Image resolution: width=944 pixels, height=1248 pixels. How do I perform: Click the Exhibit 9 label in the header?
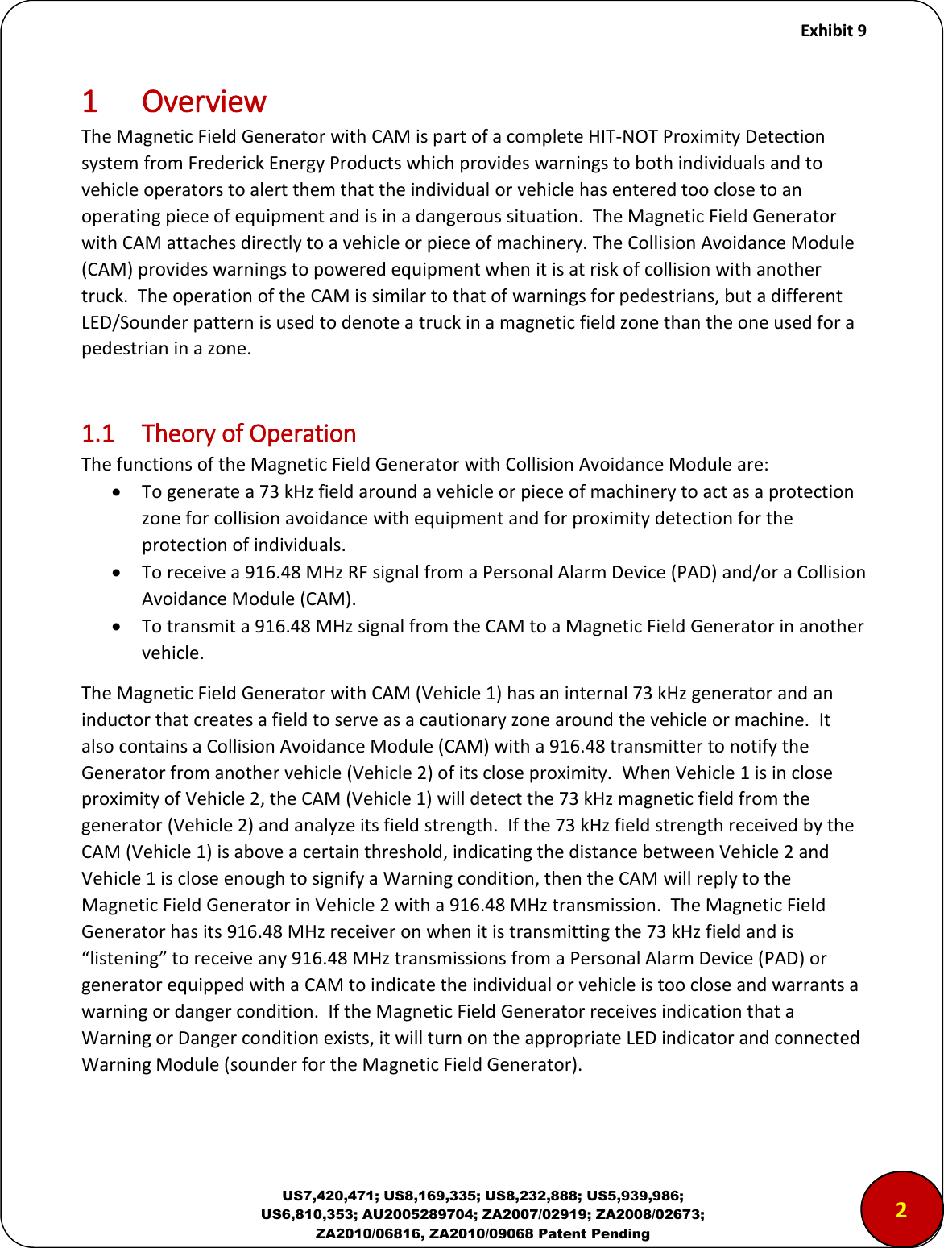click(833, 31)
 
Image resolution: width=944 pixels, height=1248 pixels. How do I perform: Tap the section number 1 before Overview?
click(89, 102)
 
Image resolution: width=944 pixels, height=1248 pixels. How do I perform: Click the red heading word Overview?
click(204, 102)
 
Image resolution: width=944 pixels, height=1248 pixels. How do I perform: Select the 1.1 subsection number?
click(97, 434)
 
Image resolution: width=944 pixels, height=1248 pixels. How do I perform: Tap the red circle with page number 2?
click(901, 1209)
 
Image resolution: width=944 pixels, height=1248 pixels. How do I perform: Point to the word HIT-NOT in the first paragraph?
click(623, 136)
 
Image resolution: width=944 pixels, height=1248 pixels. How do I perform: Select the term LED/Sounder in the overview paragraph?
click(132, 322)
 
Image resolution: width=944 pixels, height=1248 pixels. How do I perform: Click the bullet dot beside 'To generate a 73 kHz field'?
click(118, 491)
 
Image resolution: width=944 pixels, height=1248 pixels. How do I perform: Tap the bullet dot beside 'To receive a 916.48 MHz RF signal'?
click(118, 572)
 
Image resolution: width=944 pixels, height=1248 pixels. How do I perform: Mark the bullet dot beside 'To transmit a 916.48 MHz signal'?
click(118, 626)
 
